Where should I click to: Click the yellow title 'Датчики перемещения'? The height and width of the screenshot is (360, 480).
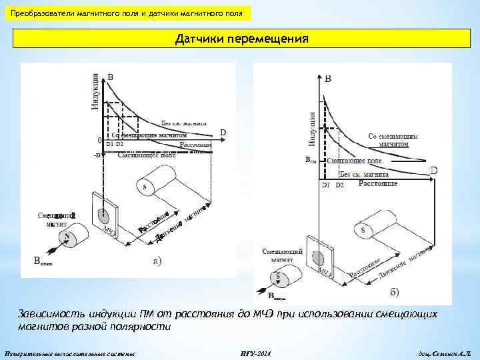[242, 39]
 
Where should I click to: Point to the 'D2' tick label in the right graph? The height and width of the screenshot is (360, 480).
[339, 184]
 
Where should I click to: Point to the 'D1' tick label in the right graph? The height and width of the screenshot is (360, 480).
[326, 184]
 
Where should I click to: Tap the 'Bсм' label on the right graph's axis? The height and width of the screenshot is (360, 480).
[311, 161]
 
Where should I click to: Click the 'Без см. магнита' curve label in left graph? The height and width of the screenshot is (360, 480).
[183, 123]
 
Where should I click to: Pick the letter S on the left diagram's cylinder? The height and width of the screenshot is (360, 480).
[145, 187]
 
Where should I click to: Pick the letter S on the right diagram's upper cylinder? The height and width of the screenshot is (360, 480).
[363, 231]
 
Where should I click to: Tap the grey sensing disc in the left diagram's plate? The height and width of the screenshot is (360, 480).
[103, 215]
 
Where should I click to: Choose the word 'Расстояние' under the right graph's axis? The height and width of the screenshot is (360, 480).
[378, 183]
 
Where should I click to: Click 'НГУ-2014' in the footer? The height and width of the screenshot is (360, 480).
[253, 351]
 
